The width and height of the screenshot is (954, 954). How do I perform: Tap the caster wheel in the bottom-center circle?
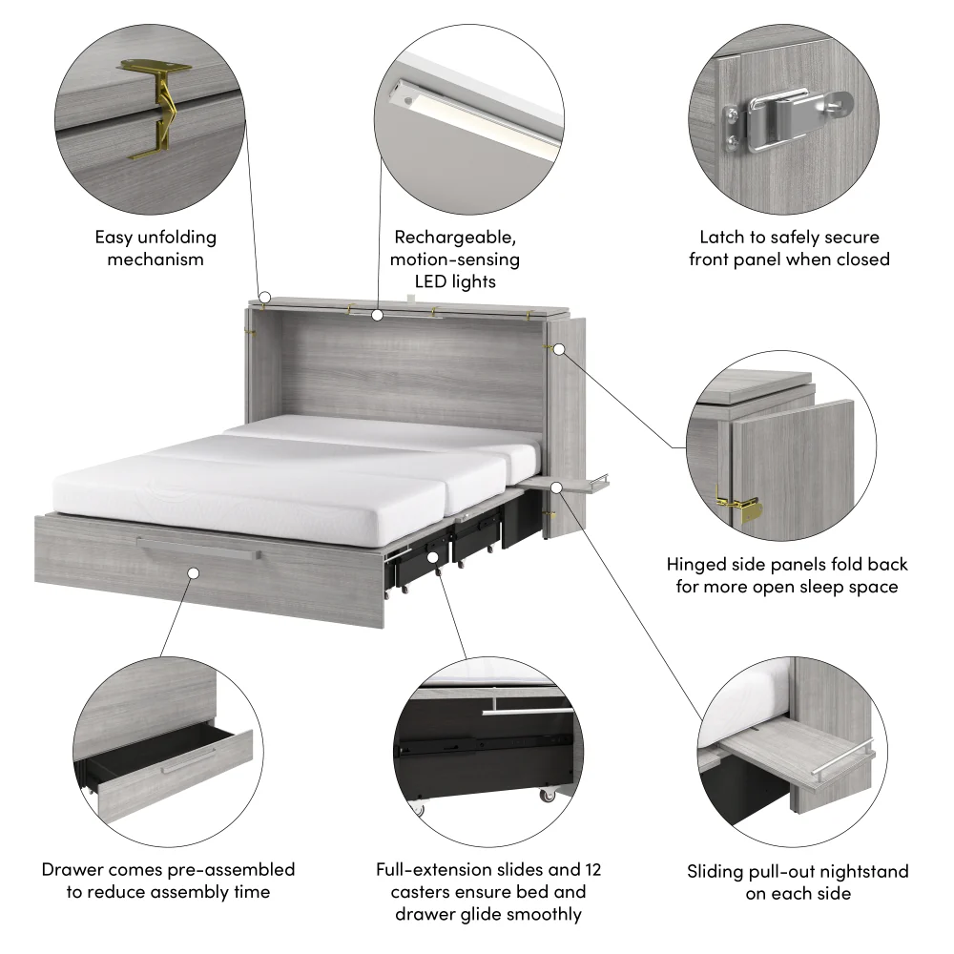(549, 794)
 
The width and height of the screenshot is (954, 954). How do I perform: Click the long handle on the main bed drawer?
(197, 546)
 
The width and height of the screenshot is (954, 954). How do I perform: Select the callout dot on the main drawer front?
(193, 573)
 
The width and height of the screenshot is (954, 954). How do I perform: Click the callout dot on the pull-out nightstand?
(558, 487)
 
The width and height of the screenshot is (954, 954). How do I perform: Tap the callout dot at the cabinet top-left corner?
(265, 298)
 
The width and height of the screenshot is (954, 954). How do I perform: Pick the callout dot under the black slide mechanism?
(432, 556)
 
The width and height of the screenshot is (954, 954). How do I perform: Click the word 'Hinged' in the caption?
(698, 565)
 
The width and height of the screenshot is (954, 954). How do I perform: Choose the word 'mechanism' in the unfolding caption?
(155, 259)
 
